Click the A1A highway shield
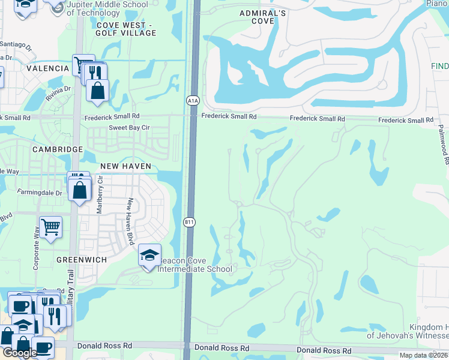(x=192, y=101)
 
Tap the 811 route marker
(x=189, y=222)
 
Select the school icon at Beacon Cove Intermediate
(x=149, y=256)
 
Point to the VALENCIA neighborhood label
(x=47, y=68)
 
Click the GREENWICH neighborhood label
(x=81, y=260)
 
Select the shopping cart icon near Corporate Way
(x=51, y=228)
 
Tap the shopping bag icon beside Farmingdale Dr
(x=80, y=191)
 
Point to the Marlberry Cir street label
(x=100, y=196)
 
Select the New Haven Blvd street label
(x=129, y=222)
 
